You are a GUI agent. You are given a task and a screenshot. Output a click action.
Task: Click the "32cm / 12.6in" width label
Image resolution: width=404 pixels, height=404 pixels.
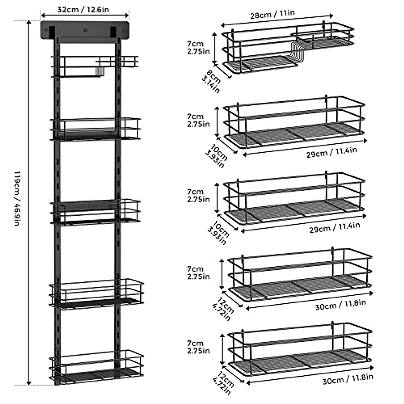[x=83, y=9]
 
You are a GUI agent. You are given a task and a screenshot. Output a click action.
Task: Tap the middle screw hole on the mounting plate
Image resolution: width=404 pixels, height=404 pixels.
[x=85, y=31]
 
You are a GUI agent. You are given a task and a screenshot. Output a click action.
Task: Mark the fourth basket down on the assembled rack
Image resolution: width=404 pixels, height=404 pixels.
[x=97, y=293]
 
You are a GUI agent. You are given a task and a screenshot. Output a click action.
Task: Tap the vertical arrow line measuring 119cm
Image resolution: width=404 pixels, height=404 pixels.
[x=29, y=202]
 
